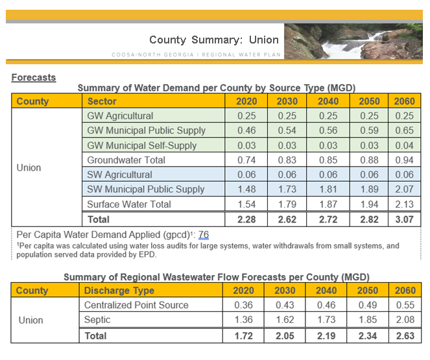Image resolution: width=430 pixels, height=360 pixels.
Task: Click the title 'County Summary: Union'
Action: pyautogui.click(x=206, y=40)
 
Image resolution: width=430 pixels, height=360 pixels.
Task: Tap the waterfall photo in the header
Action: pyautogui.click(x=353, y=42)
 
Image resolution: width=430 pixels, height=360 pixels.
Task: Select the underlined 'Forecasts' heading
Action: pyautogui.click(x=34, y=77)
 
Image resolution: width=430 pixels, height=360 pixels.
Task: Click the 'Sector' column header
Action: pyautogui.click(x=102, y=101)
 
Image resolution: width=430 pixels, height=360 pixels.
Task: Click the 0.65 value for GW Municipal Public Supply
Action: pyautogui.click(x=404, y=130)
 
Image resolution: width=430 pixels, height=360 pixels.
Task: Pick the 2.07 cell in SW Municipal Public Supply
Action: pyautogui.click(x=404, y=189)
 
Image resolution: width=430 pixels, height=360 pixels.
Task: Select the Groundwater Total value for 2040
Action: pyautogui.click(x=328, y=160)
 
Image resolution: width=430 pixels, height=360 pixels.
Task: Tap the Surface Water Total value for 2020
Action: pyautogui.click(x=246, y=204)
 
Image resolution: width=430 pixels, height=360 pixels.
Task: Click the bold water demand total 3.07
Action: pyautogui.click(x=404, y=219)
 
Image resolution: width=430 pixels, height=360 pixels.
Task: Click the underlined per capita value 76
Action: pyautogui.click(x=203, y=234)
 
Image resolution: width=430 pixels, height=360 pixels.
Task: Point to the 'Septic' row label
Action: pyautogui.click(x=98, y=320)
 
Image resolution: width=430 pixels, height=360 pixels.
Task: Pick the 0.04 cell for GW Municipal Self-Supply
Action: pyautogui.click(x=404, y=145)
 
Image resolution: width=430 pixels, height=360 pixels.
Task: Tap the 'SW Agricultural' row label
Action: pyautogui.click(x=120, y=174)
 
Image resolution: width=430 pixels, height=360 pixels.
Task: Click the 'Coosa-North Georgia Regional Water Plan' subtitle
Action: pyautogui.click(x=197, y=54)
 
